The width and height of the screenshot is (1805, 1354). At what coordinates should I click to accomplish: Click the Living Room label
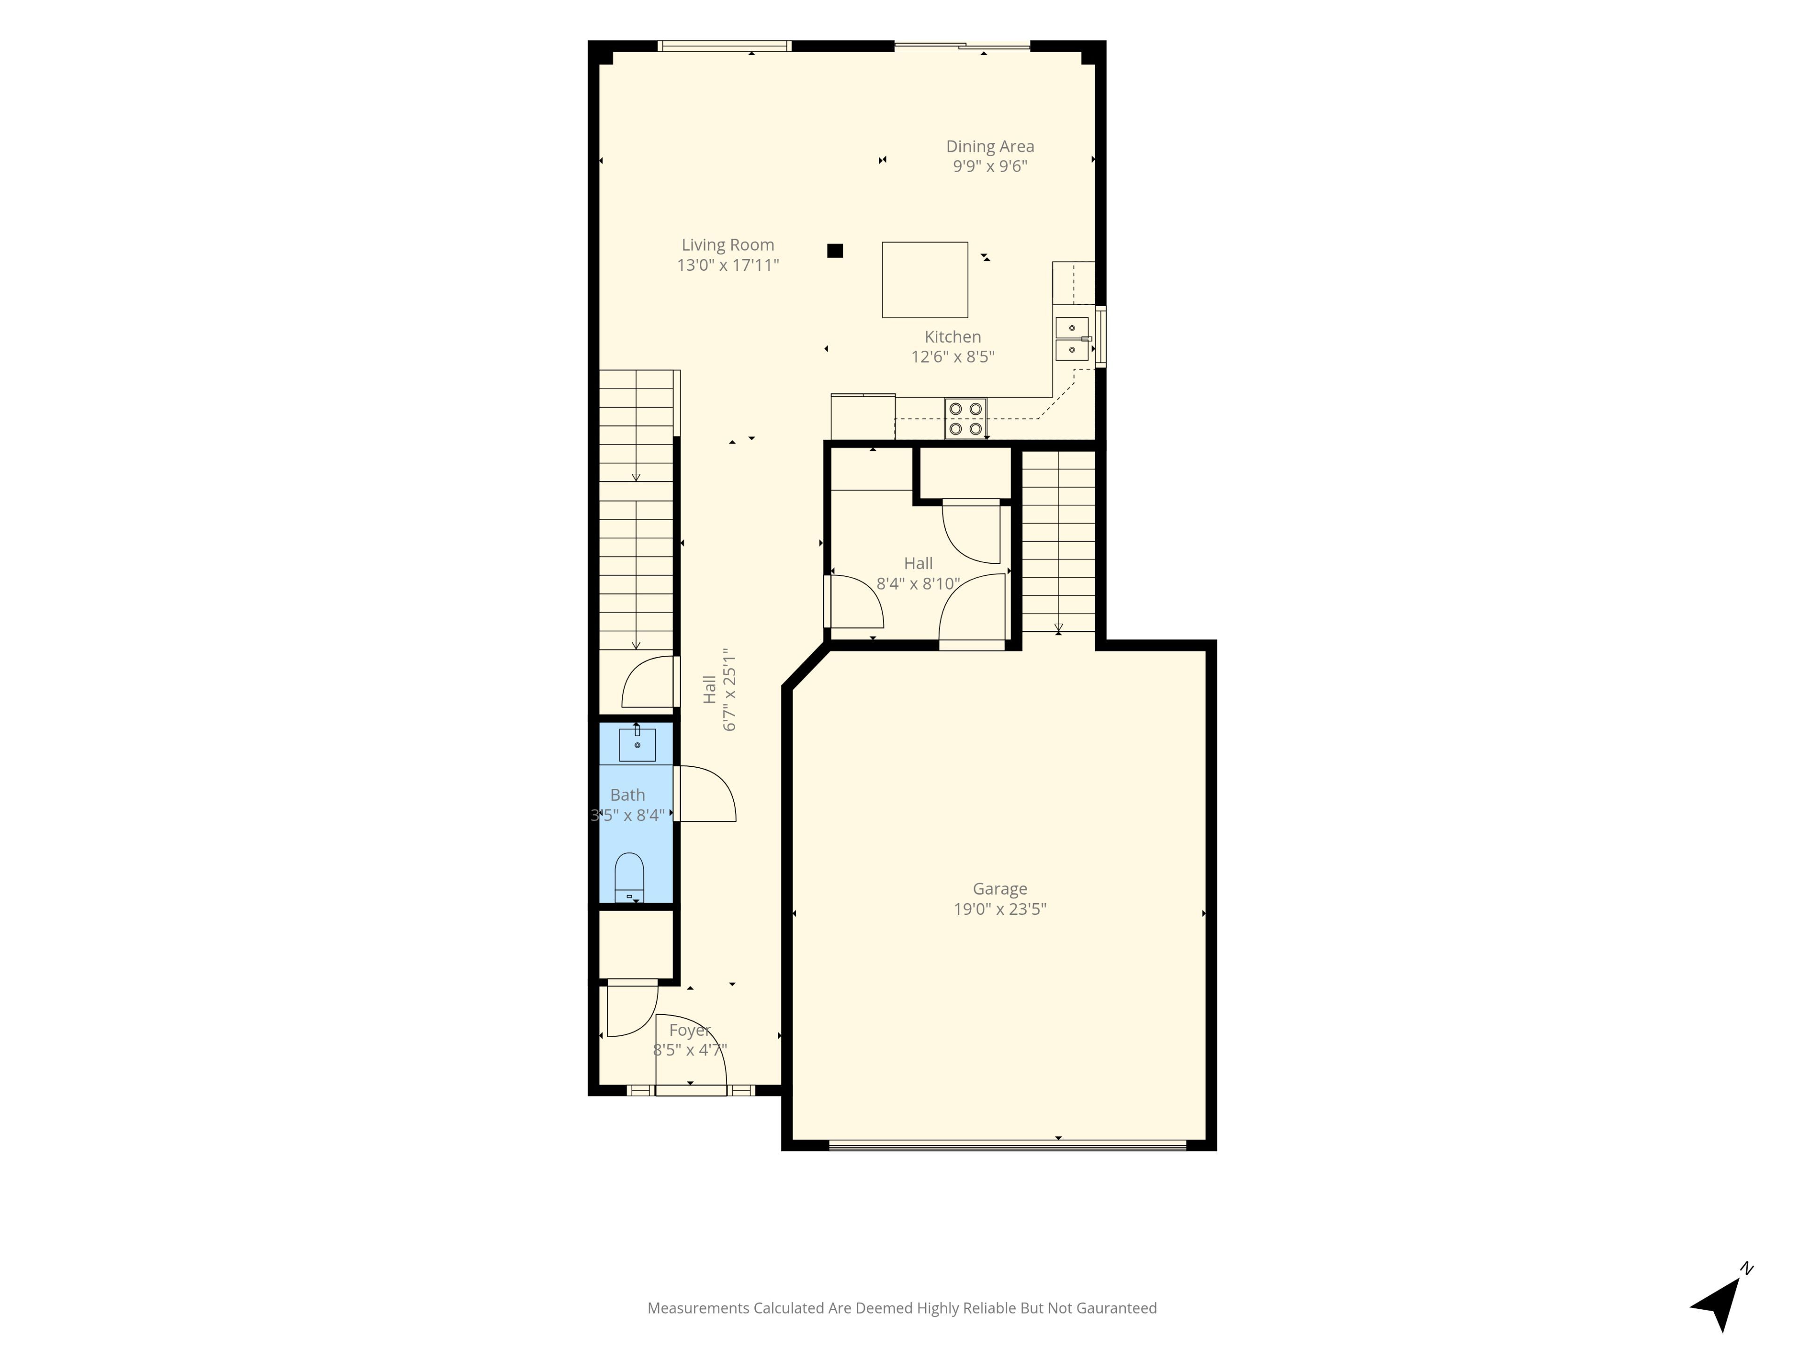coord(728,245)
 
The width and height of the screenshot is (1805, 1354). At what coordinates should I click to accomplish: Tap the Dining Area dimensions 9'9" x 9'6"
coord(990,166)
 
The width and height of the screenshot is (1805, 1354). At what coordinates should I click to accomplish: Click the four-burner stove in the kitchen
coord(966,419)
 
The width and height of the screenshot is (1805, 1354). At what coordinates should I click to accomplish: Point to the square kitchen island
coord(925,280)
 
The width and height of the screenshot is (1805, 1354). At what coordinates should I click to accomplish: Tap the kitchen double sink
coord(1072,338)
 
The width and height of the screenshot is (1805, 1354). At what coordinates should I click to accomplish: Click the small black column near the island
coord(835,251)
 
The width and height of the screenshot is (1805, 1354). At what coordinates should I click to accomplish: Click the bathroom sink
coord(637,743)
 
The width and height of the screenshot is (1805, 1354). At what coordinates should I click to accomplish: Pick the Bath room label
coord(628,795)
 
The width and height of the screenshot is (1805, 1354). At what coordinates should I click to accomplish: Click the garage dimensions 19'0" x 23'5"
coord(1000,909)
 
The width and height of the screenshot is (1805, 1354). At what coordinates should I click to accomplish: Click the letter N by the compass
coord(1747,1269)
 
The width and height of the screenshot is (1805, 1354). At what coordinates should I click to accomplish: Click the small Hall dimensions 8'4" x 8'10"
coord(918,583)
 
